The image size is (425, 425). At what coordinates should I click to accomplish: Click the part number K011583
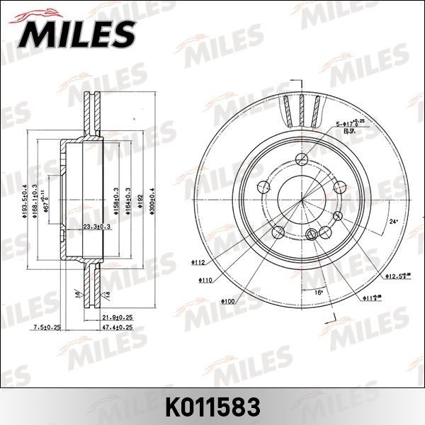[212, 407]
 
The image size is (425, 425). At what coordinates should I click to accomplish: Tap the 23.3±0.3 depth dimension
[96, 227]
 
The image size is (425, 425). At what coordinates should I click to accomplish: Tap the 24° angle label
[394, 222]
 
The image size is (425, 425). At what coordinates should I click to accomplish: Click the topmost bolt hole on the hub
[302, 158]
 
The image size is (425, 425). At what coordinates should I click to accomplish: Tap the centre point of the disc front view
[302, 200]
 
